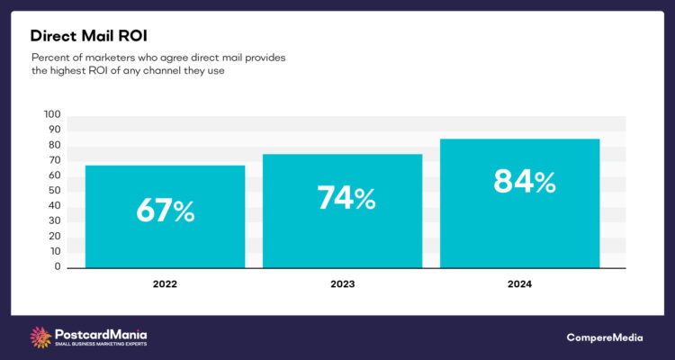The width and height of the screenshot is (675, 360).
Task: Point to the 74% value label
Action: point(346,197)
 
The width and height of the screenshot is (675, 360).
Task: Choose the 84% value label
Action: point(525,181)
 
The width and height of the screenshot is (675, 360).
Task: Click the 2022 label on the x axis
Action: point(165,283)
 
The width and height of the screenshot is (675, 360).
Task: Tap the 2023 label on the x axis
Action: point(342,283)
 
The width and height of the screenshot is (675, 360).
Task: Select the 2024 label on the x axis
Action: point(519,283)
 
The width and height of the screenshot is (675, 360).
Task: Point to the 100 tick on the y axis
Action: point(51,114)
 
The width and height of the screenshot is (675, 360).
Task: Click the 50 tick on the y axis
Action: point(54,191)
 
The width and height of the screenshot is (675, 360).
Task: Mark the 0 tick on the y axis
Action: point(57,267)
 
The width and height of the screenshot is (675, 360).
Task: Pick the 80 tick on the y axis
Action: point(54,145)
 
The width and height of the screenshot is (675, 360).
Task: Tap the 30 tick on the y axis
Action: point(54,221)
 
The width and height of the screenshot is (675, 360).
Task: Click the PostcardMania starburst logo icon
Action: point(41,337)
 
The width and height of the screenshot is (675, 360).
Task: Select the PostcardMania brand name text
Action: point(100,332)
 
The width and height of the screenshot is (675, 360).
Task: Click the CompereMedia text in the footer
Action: point(606,337)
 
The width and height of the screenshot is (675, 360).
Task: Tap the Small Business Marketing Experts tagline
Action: point(102,344)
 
